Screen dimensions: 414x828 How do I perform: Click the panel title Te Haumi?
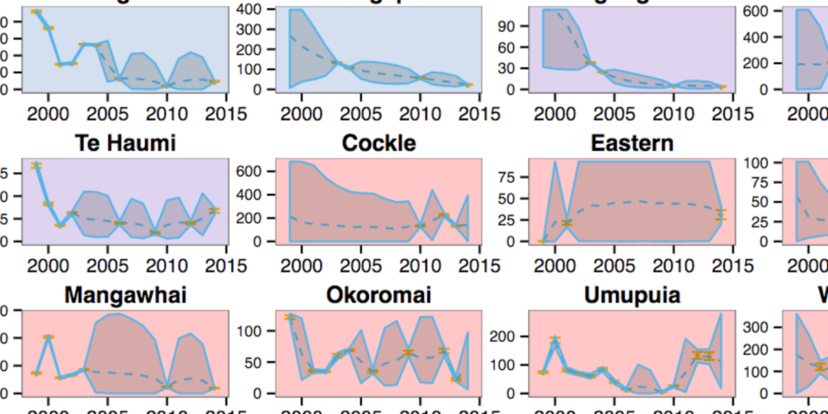point(125,144)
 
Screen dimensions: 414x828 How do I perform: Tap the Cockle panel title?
point(379,144)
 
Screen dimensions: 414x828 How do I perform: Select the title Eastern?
point(632,144)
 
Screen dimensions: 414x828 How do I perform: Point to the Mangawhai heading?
point(125,295)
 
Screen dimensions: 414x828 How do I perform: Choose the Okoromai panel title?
point(379,295)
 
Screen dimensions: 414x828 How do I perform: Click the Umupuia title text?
point(632,295)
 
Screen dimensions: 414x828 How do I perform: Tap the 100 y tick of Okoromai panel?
point(257,331)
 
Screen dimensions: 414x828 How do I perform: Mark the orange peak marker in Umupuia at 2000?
point(555,339)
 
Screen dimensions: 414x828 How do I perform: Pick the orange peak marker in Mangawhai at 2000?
point(48,337)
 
